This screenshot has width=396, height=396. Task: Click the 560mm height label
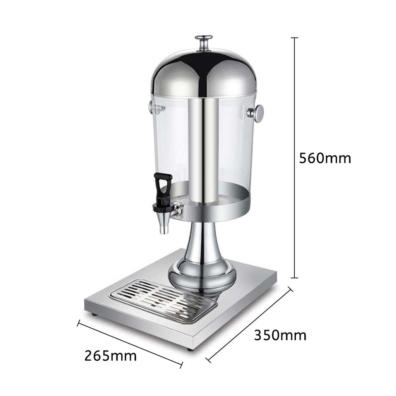click(x=325, y=158)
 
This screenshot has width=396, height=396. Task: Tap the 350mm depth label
click(x=280, y=335)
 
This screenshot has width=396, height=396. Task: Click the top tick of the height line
click(x=294, y=38)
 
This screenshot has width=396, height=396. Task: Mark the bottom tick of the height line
click(x=294, y=278)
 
